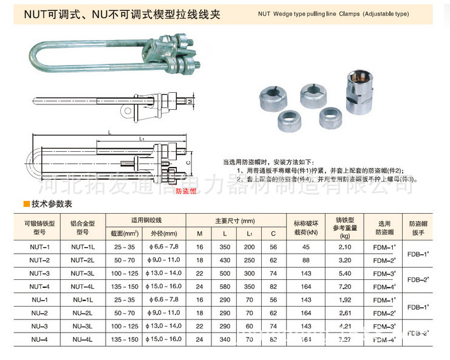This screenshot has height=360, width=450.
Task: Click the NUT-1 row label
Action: point(39,247)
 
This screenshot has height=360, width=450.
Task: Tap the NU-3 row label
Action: point(39,326)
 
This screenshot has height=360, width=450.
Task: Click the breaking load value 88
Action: point(305,260)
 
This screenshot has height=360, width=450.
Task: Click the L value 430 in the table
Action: point(225,260)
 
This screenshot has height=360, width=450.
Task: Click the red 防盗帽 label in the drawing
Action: point(185,191)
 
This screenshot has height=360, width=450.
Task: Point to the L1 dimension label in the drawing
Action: point(141,139)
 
